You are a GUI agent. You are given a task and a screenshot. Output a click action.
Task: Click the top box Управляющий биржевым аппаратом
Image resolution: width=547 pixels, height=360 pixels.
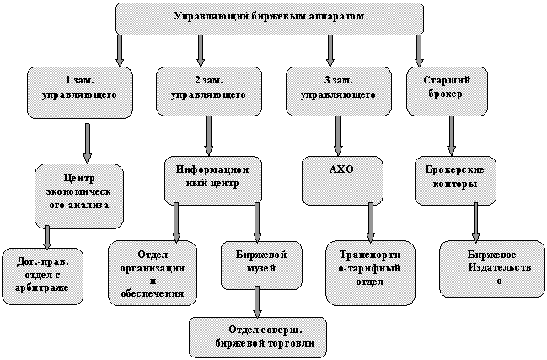(x=269, y=18)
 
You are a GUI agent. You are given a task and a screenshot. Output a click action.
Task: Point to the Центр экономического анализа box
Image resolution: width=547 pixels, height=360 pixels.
(x=79, y=191)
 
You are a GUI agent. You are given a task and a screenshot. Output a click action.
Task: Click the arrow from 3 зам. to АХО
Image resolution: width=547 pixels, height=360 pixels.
(x=338, y=136)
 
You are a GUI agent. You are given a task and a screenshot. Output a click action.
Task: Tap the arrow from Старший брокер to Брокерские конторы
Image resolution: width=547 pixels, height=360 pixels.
(x=452, y=136)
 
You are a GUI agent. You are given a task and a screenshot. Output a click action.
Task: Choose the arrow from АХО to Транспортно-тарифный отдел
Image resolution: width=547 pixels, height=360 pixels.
(x=370, y=223)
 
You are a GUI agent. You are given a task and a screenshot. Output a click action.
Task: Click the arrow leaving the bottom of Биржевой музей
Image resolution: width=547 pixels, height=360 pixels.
(x=257, y=301)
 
